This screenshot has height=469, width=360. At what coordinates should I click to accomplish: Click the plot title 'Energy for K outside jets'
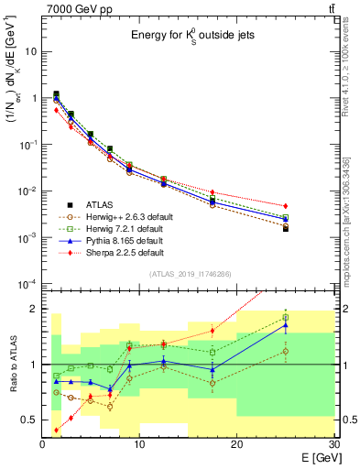click(191, 36)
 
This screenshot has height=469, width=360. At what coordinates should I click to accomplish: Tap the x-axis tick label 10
click(139, 444)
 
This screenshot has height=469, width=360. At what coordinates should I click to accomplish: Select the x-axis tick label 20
click(236, 444)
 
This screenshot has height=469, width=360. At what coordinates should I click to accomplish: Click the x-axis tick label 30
click(332, 444)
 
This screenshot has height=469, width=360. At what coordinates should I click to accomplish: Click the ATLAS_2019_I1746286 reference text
click(190, 274)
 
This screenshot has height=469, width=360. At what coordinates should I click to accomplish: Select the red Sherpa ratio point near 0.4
click(57, 430)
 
